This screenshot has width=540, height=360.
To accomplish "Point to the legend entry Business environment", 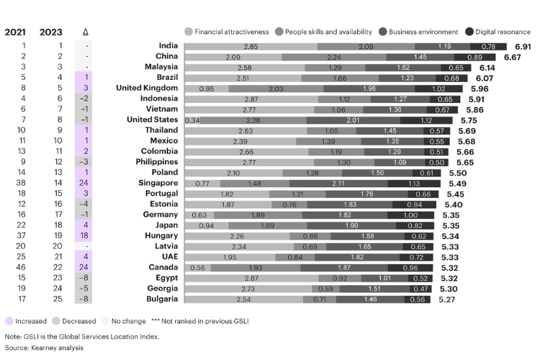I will click(423, 32).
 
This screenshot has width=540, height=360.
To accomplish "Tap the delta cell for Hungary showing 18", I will click(85, 235).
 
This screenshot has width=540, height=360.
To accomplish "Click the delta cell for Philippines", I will click(85, 162).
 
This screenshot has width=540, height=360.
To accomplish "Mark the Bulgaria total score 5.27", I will click(449, 298).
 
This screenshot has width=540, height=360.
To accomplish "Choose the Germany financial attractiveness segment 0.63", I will click(199, 215).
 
